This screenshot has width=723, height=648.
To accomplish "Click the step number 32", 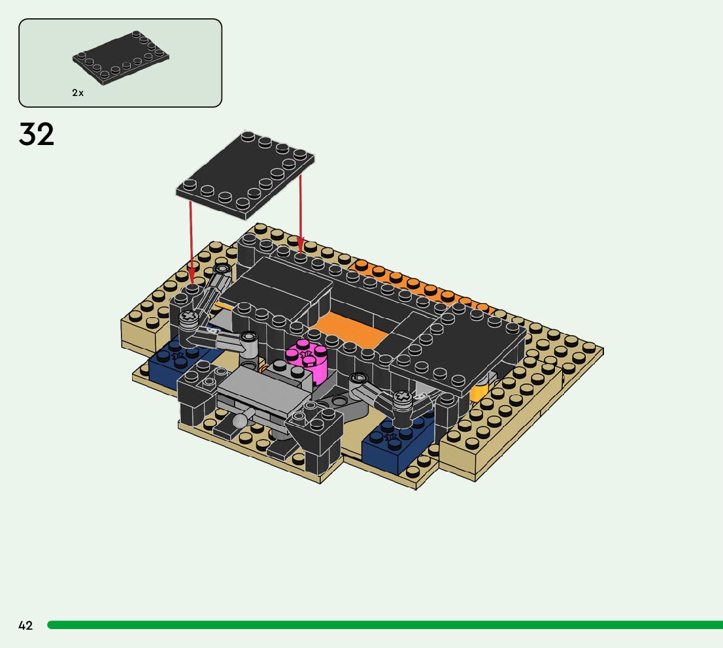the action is [x=37, y=134].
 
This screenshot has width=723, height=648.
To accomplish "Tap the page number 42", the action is [x=25, y=625].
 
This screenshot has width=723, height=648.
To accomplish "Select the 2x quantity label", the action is [x=78, y=93].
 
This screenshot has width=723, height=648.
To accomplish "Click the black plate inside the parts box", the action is [x=121, y=57].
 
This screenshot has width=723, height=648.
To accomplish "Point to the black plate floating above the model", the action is [x=245, y=175].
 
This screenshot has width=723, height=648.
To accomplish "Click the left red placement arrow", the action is [x=191, y=240].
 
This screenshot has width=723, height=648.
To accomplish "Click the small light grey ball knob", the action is [x=240, y=420].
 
